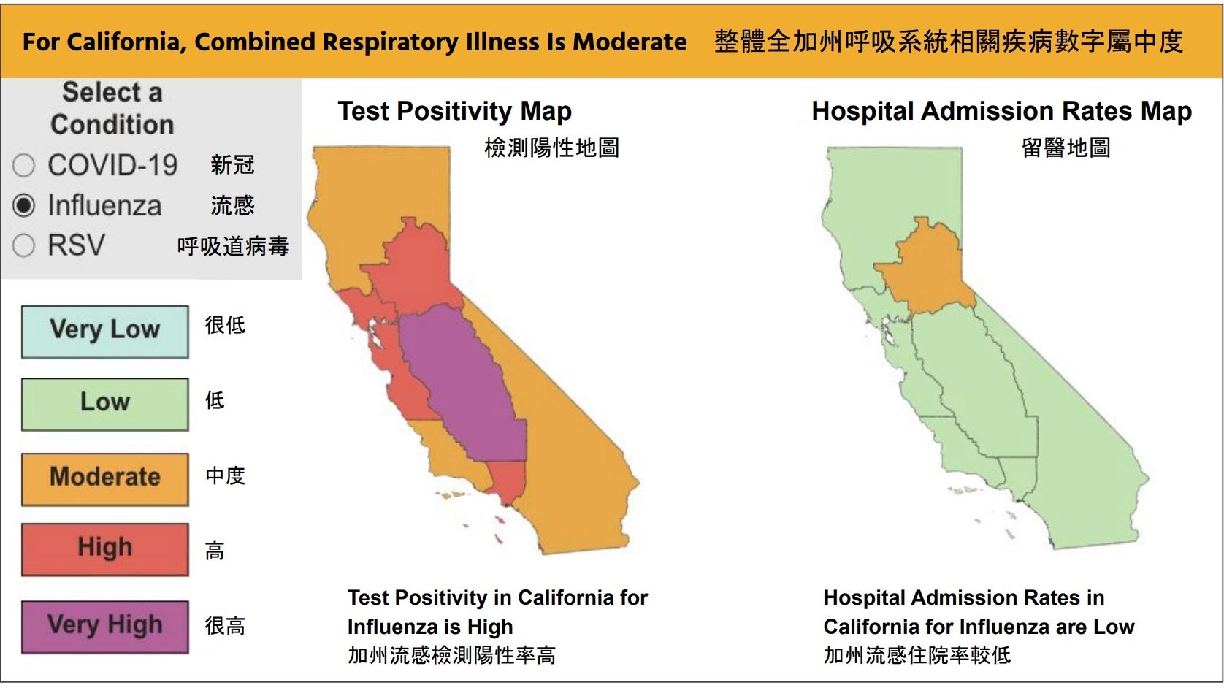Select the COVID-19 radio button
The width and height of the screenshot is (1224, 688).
click(x=23, y=166)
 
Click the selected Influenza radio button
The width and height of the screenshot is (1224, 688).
click(x=23, y=206)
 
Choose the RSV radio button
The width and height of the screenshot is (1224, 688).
click(x=23, y=245)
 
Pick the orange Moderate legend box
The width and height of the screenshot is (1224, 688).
click(x=104, y=478)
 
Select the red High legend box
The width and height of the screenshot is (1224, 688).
click(x=104, y=549)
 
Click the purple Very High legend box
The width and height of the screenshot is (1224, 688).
click(x=104, y=626)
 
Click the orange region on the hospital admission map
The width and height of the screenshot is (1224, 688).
click(x=926, y=270)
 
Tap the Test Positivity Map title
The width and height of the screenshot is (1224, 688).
click(x=454, y=111)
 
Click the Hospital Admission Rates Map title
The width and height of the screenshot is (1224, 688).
click(x=1001, y=111)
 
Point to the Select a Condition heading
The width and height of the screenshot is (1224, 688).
click(x=112, y=108)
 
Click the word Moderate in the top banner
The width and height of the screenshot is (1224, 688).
click(x=630, y=42)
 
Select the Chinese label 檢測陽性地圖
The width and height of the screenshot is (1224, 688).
click(x=551, y=148)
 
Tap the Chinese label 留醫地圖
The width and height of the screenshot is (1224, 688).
click(x=1066, y=148)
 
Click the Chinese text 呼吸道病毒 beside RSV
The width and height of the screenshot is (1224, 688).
click(x=233, y=246)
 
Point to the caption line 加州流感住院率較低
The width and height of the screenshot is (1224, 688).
click(x=917, y=654)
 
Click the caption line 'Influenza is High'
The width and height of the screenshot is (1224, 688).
click(x=430, y=627)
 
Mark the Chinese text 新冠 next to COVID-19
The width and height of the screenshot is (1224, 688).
click(x=232, y=165)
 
